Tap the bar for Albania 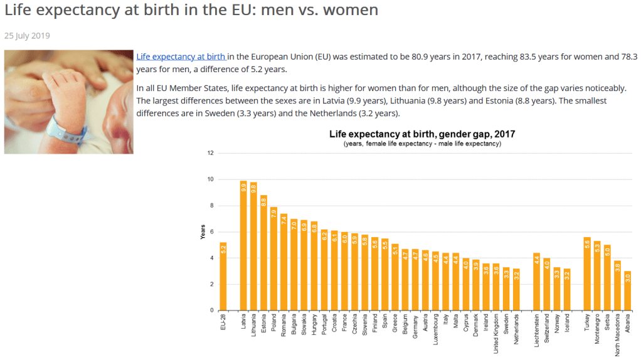[x=628, y=292]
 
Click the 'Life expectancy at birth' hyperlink [x=181, y=56]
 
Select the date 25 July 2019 [x=27, y=36]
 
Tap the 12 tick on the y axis [x=210, y=153]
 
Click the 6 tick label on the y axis [x=211, y=232]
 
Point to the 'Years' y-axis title [x=203, y=232]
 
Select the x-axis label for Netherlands [x=517, y=326]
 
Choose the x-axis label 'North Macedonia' [x=618, y=332]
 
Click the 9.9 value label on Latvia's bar [x=243, y=187]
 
